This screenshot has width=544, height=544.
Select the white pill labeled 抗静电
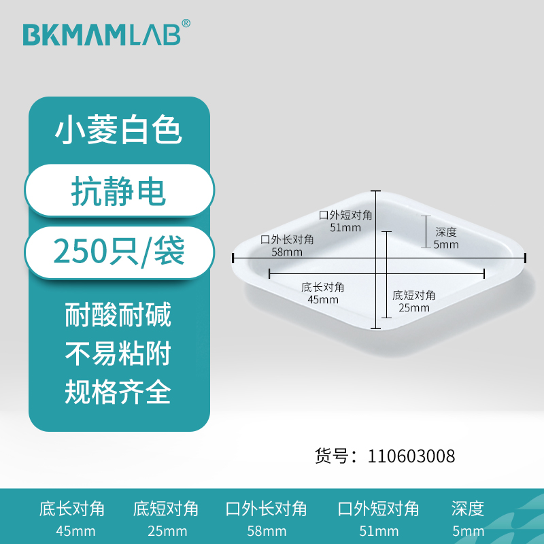pyautogui.click(x=119, y=192)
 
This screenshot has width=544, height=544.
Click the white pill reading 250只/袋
pyautogui.click(x=119, y=254)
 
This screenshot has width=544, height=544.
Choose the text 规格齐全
pyautogui.click(x=118, y=392)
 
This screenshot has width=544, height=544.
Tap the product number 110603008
pyautogui.click(x=411, y=456)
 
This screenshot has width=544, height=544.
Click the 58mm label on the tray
pyautogui.click(x=287, y=252)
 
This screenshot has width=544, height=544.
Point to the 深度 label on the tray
pyautogui.click(x=445, y=233)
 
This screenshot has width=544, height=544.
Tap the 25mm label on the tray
pyautogui.click(x=414, y=307)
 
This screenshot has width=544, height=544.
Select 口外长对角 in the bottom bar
pyautogui.click(x=266, y=509)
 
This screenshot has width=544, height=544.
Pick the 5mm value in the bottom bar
pyautogui.click(x=468, y=530)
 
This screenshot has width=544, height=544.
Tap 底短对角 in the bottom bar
pyautogui.click(x=166, y=509)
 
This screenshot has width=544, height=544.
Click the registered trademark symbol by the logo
pyautogui.click(x=186, y=23)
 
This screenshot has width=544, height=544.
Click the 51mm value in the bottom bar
pyautogui.click(x=378, y=530)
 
